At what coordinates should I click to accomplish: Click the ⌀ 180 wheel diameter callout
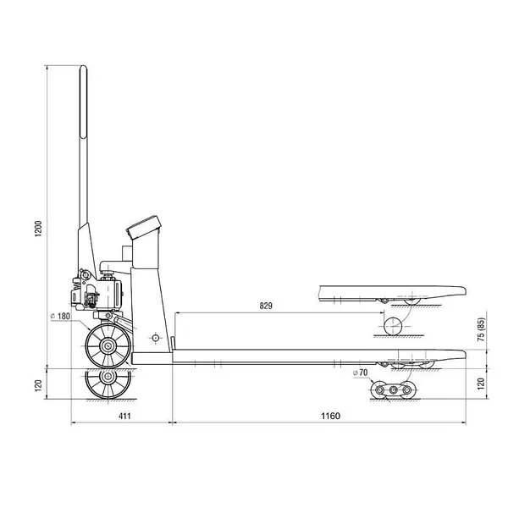[x=63, y=317]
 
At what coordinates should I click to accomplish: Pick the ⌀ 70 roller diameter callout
[x=359, y=373]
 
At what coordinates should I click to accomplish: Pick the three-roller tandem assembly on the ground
[x=390, y=389]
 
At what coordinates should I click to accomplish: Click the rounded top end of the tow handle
[x=85, y=71]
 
